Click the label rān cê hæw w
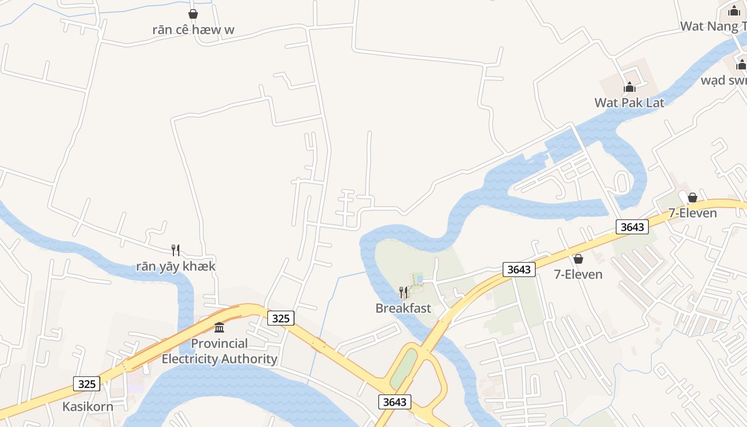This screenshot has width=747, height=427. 193,29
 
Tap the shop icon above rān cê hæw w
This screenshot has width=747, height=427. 193,14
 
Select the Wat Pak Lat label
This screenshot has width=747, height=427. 629,102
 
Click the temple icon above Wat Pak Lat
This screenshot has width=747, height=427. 630,87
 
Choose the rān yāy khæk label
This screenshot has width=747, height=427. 176,266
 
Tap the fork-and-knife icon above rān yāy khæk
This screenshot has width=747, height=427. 176,250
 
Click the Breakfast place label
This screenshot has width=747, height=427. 403,308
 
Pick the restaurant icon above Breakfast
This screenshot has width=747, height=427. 403,292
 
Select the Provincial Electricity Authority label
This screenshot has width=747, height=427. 219,351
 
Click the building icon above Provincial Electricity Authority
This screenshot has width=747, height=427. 219,327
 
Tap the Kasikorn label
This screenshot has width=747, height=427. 88,406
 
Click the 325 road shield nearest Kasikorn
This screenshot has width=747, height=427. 86,384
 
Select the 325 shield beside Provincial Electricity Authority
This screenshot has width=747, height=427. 281,318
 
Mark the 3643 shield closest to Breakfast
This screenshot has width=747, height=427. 519,270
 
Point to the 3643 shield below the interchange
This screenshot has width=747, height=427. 395,402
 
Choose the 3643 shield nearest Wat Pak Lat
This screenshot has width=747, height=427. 632,227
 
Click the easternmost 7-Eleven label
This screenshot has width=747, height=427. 693,213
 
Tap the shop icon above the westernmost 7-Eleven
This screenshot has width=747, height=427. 578,259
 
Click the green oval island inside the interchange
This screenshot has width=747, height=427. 404,369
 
